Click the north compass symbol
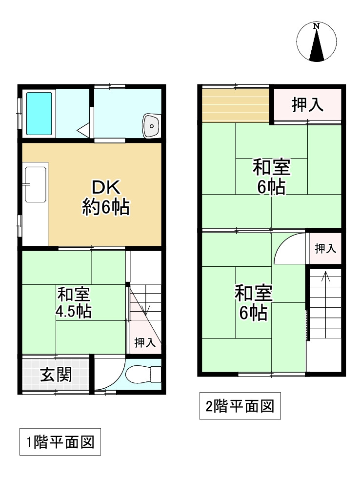(317, 43)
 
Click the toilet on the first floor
(142, 375)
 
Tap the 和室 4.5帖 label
(74, 303)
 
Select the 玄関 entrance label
(56, 375)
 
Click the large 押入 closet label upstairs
(308, 105)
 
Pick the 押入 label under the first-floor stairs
(144, 342)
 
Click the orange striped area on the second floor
(235, 106)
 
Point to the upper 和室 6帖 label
(271, 177)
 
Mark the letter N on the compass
(317, 25)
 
